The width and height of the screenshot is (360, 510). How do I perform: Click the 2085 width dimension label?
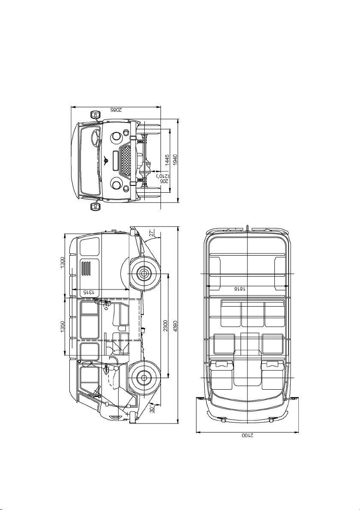click(116, 110)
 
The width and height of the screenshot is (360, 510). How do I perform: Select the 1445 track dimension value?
click(167, 160)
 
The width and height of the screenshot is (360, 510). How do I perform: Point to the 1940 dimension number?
click(175, 160)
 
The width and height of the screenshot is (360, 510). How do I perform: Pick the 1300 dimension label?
click(62, 263)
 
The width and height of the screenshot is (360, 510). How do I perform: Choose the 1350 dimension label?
click(62, 327)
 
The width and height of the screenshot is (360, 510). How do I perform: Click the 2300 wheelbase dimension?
click(166, 325)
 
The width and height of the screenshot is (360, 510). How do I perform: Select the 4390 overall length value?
click(175, 326)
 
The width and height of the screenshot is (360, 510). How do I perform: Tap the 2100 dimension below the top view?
click(247, 435)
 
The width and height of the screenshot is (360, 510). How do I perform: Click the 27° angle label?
click(152, 233)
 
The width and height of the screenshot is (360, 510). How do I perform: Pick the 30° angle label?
click(152, 408)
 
